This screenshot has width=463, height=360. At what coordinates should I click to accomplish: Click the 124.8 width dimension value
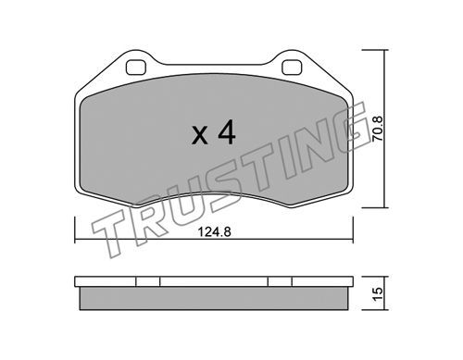tap(214, 231)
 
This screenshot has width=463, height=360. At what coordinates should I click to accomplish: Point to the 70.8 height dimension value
tap(377, 129)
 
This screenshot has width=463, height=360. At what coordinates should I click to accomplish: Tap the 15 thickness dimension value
tap(378, 293)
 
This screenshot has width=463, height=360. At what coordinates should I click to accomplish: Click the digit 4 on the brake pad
tap(227, 132)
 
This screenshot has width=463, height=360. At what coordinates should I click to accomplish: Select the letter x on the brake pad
tap(200, 135)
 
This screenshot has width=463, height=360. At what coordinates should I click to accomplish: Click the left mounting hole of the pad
tap(136, 67)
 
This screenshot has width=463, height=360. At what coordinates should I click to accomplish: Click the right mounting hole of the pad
tap(292, 67)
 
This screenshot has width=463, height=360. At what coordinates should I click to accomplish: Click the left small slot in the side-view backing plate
tap(148, 281)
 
